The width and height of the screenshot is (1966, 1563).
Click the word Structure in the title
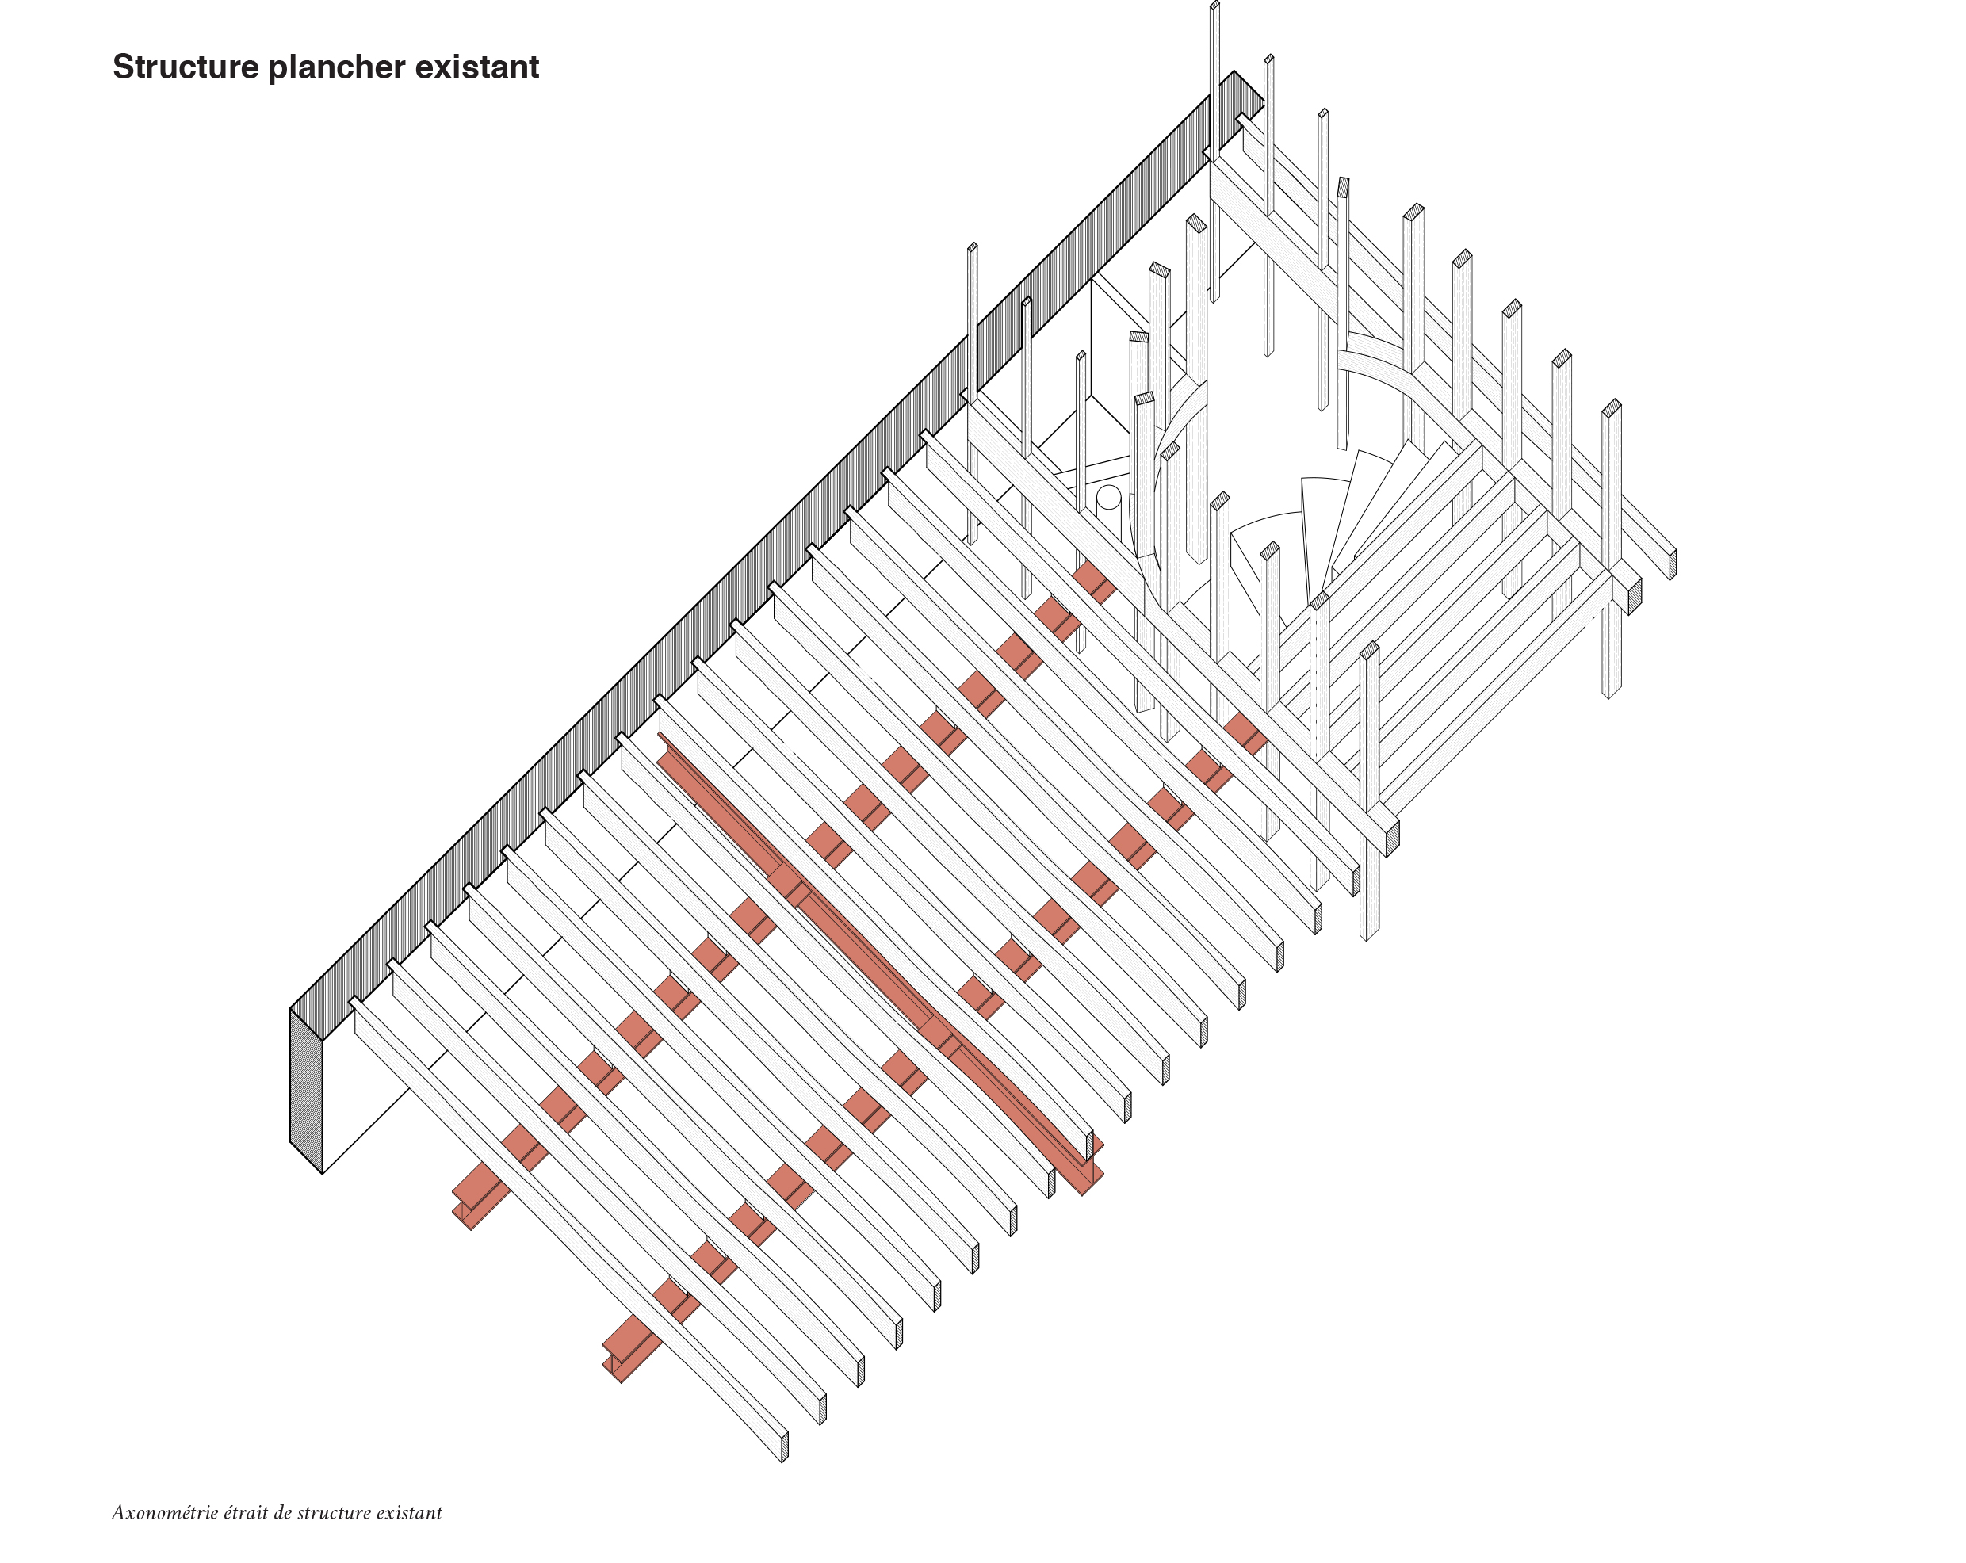tap(186, 67)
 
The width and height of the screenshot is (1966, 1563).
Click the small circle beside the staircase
tap(1108, 497)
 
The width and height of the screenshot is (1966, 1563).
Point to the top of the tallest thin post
tap(1214, 6)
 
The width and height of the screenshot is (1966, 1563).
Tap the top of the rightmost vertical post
tap(1612, 407)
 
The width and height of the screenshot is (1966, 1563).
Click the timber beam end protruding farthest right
tap(1673, 564)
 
